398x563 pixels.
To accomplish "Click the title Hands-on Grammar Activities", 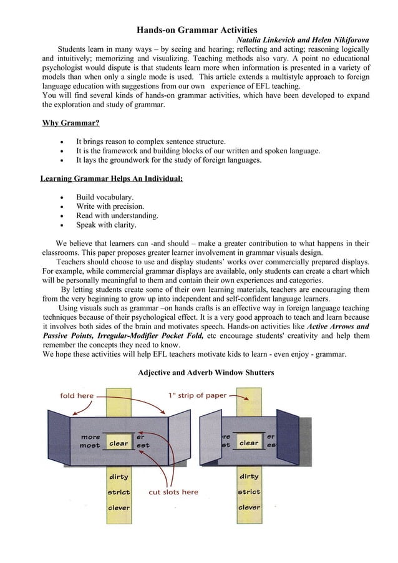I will point(197,29).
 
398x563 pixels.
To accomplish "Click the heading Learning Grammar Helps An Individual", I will point(112,179).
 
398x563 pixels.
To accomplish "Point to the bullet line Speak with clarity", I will point(106,225).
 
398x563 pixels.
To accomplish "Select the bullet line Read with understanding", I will point(117,216).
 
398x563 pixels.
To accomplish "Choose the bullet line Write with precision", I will point(110,206).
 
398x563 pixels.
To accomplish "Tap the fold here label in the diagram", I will point(77,395).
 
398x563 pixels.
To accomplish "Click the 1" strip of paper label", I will point(197,395).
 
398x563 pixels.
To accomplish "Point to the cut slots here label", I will point(173,492).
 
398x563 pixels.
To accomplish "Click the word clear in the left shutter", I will point(119,443).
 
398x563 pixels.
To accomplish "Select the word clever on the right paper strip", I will point(249,508).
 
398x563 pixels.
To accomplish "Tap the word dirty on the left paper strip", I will point(119,477).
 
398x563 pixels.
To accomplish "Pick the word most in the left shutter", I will point(90,446).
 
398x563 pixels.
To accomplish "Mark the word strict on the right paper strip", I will point(249,492).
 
